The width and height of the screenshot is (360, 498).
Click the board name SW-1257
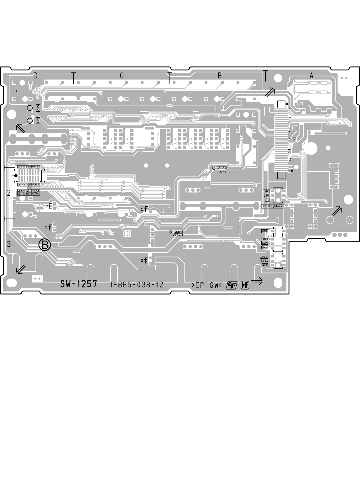point(78,284)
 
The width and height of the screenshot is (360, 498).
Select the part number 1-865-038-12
point(136,285)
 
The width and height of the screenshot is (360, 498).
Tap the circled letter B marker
point(44,245)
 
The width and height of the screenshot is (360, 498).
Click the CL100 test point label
point(222,168)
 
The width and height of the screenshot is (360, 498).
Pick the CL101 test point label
point(178,232)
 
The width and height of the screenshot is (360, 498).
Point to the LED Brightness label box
point(273,206)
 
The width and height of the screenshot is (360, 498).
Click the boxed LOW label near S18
point(266,191)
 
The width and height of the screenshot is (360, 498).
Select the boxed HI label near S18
point(267,199)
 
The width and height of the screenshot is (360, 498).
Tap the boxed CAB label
point(264,231)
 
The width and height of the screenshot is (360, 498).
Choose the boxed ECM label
point(264,243)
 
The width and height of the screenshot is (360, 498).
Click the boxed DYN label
point(264,247)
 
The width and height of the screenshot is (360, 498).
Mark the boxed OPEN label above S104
point(264,257)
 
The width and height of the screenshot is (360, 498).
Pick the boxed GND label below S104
point(264,265)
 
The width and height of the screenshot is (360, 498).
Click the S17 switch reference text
point(11,176)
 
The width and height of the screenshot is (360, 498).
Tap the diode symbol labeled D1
point(50,226)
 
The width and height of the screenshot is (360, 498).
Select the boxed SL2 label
point(38,108)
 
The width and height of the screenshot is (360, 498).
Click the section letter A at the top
point(311,76)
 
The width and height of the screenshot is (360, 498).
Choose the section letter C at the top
point(122,76)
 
